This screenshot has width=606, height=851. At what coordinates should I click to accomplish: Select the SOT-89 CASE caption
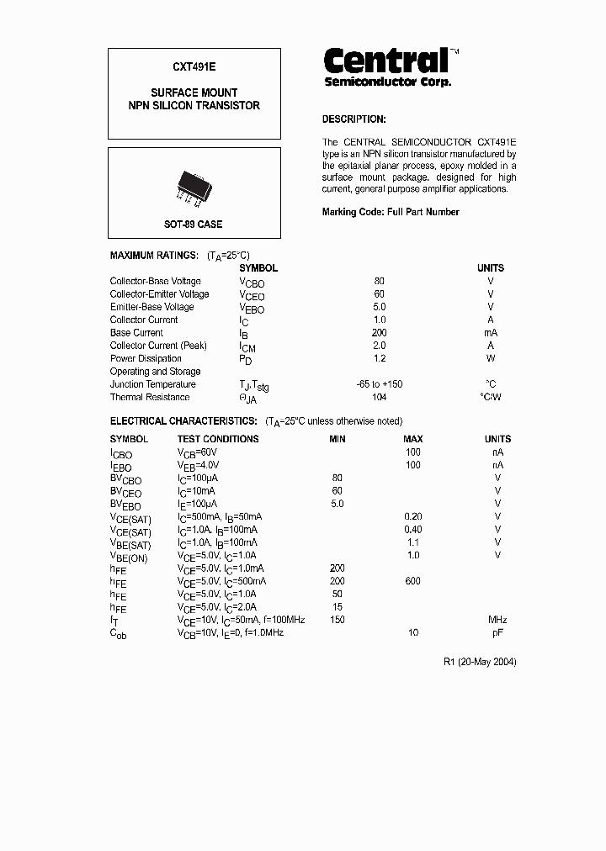(194, 225)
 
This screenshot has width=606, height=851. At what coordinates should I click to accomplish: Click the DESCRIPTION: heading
(353, 119)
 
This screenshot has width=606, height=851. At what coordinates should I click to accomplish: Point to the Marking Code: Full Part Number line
(391, 212)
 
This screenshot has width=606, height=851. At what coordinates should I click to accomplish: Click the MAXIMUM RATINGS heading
(154, 255)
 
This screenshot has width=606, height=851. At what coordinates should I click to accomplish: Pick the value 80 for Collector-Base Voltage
(379, 281)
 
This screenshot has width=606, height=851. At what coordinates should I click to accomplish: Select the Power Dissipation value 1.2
(379, 358)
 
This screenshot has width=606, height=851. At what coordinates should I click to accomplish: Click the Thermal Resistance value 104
(379, 397)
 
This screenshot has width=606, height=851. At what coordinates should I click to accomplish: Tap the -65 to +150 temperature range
(379, 384)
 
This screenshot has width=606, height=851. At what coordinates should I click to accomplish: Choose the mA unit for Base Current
(491, 333)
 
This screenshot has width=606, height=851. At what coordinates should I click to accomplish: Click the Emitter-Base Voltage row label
(151, 307)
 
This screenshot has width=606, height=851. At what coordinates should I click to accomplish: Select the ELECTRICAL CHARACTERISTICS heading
(183, 420)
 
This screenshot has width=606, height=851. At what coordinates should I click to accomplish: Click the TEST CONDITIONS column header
(218, 439)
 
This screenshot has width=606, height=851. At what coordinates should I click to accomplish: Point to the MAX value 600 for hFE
(412, 581)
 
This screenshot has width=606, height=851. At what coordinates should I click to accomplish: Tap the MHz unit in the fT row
(497, 620)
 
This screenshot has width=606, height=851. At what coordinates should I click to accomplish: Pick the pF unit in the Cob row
(497, 632)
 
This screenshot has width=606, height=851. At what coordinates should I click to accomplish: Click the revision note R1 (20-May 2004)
(480, 662)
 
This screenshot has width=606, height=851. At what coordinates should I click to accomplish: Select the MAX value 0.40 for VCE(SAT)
(412, 530)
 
